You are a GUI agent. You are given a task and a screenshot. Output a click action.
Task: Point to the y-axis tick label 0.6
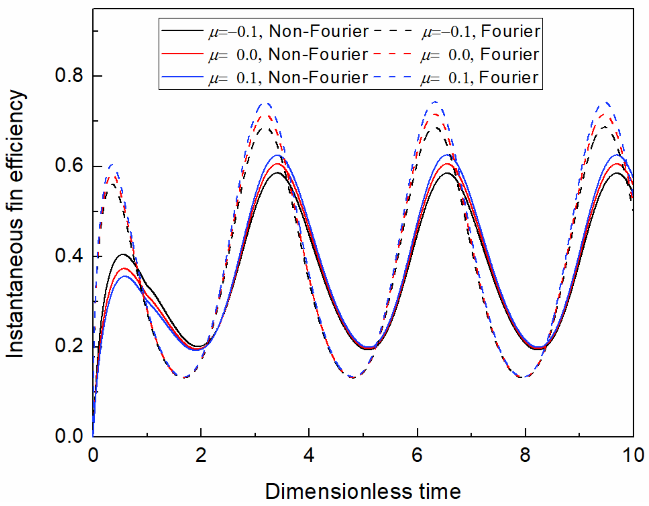point(69,166)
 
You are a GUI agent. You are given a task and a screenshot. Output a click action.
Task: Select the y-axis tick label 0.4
point(69,256)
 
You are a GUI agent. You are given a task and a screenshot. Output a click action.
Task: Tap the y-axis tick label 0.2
point(69,346)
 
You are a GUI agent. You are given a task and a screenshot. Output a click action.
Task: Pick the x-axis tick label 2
point(201,455)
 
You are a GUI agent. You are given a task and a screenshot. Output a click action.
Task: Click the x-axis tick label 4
point(309,455)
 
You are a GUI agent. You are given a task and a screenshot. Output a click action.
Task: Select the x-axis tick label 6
point(417,455)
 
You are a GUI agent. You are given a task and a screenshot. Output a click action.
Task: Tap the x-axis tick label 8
point(525,455)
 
